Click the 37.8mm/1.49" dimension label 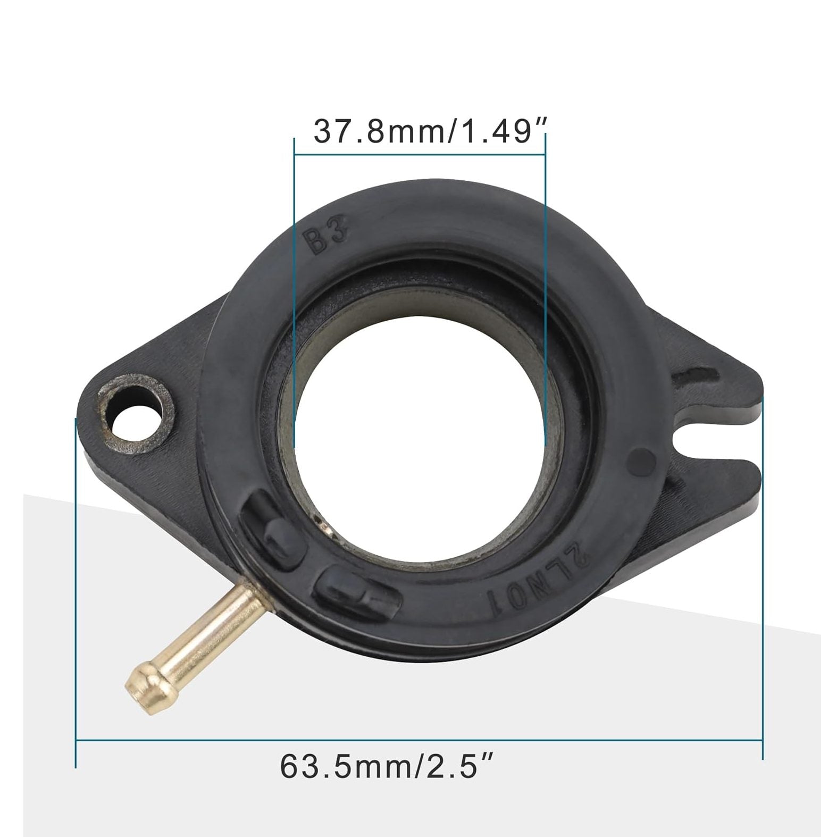pyautogui.click(x=422, y=131)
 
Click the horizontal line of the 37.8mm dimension pyautogui.click(x=420, y=155)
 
